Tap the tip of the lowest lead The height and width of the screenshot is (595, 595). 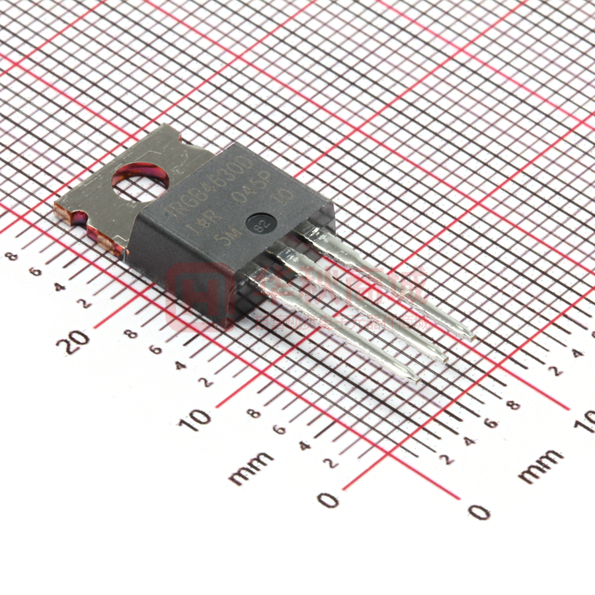pos(415,378)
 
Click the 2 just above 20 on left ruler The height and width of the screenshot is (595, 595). pos(85,304)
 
